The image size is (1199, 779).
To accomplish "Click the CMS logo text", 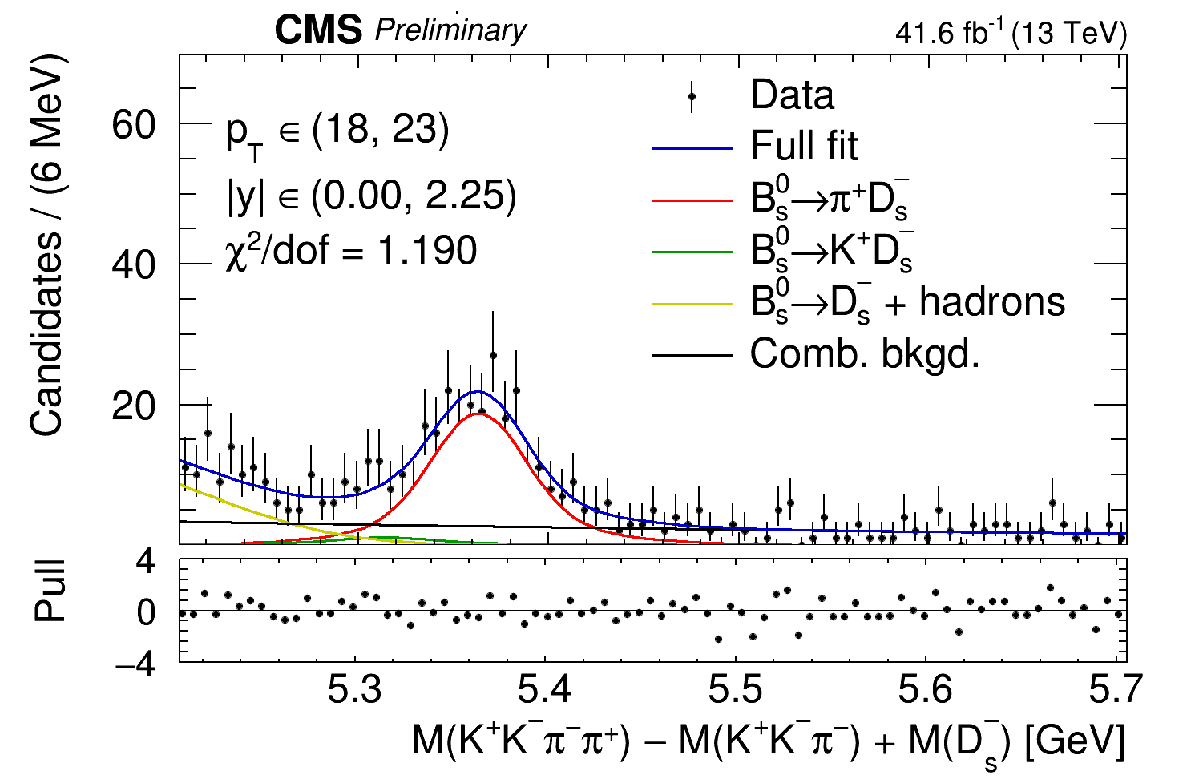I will (x=318, y=31).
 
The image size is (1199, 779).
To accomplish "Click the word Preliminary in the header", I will (x=450, y=31).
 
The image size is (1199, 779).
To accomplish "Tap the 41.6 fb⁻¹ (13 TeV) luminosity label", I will (x=1011, y=34).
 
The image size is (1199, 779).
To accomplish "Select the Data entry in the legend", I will (x=791, y=95).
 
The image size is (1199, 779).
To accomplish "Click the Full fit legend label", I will (x=803, y=147).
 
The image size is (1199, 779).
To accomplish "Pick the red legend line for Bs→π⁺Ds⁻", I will (x=692, y=200).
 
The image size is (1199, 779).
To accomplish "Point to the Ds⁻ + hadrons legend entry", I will (x=906, y=303).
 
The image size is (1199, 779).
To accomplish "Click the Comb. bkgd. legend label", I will (x=865, y=353).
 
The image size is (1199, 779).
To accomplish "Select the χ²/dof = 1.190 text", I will (x=351, y=251).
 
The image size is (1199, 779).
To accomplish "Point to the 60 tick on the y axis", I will (x=133, y=124).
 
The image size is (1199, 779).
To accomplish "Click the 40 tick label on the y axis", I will (x=133, y=265).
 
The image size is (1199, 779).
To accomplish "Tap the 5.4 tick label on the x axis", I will (x=544, y=690).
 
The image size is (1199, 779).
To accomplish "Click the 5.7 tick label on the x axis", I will (x=1108, y=690).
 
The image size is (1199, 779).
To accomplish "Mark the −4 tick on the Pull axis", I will (x=135, y=664).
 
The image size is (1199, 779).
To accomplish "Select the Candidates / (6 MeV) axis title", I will (x=47, y=244).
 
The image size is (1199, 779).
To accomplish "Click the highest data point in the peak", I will (x=493, y=355).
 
